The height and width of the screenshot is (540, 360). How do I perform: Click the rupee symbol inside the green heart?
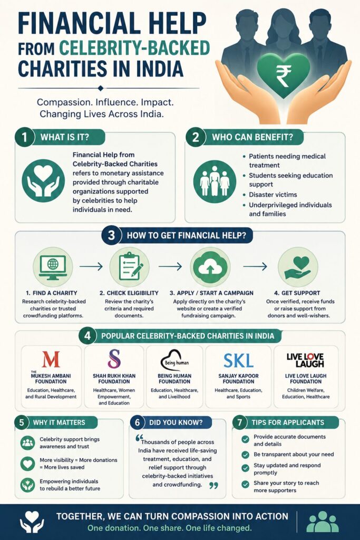tap(283, 76)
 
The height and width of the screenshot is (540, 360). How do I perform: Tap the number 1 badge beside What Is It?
tap(24, 137)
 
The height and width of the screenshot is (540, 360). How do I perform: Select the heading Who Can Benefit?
tap(252, 137)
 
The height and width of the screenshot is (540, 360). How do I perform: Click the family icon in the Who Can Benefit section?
tap(215, 181)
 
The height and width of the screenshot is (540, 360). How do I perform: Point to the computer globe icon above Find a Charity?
tap(53, 267)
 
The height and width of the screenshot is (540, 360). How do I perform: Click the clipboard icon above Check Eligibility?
tap(129, 267)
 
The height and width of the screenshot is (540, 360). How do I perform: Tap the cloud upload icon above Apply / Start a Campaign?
tap(210, 267)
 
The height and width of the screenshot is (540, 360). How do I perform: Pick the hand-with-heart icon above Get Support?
tap(298, 267)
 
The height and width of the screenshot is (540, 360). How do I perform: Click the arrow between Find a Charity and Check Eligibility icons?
tap(91, 266)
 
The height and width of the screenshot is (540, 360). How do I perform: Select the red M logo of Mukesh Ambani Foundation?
tap(51, 359)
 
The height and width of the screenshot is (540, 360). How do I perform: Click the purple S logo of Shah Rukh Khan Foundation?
tap(114, 359)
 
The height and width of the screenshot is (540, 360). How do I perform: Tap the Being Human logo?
tap(175, 360)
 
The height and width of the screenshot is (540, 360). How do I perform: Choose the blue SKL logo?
tap(238, 361)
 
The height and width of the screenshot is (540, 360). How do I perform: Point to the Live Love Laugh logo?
tap(305, 360)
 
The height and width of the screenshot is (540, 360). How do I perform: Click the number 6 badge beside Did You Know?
tap(138, 422)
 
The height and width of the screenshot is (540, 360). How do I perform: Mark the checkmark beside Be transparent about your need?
tap(245, 455)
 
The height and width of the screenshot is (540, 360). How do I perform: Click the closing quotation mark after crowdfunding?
tap(213, 486)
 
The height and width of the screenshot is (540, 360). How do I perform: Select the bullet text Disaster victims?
tap(273, 195)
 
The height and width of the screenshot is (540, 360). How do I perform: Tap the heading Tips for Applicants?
tap(288, 422)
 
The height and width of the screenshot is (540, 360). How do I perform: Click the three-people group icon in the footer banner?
tap(323, 522)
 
